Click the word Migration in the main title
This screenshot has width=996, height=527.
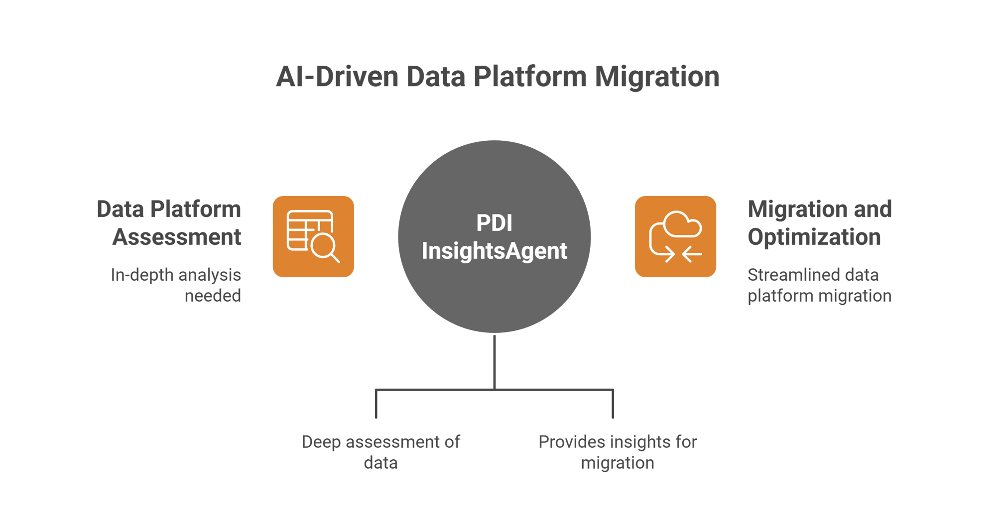coord(657,77)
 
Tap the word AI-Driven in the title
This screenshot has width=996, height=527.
coord(337,77)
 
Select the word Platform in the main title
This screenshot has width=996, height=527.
coord(530,77)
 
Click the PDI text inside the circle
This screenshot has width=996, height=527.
coord(494,223)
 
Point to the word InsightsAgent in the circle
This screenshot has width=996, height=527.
coord(494,250)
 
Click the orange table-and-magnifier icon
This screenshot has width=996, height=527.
coord(313,236)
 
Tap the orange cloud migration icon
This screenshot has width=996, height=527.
coord(675,236)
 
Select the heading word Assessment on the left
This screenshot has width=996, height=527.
coord(177,237)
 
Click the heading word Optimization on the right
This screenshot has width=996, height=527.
coord(814,237)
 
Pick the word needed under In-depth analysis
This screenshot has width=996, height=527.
coord(213,296)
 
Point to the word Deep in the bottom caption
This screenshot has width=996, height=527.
coord(321,442)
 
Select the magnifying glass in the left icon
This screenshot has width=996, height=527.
coord(324,246)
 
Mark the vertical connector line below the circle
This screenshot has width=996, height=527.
coord(494,362)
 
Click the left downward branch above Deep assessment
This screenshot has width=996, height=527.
coord(376,404)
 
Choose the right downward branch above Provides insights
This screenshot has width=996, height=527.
coord(613,404)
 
